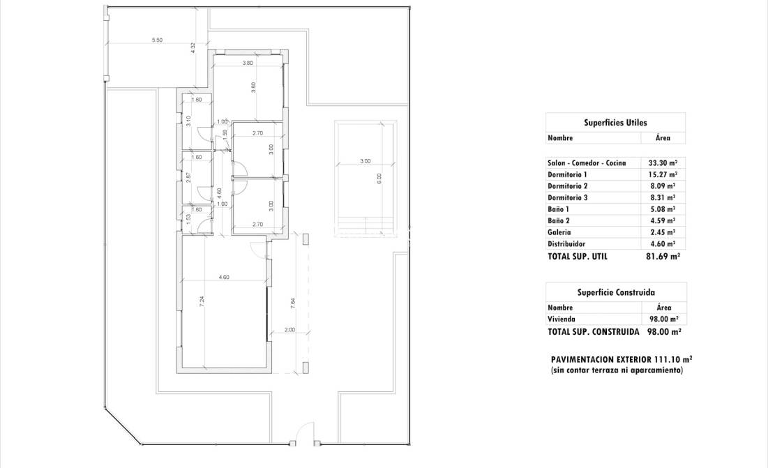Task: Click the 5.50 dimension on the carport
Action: pyautogui.click(x=157, y=40)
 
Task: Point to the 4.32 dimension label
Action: pyautogui.click(x=193, y=48)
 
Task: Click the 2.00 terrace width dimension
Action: pyautogui.click(x=289, y=331)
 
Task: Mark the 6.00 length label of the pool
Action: pyautogui.click(x=379, y=178)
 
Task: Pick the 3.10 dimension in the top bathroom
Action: pyautogui.click(x=188, y=120)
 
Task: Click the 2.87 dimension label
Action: pyautogui.click(x=188, y=176)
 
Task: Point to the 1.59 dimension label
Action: pyautogui.click(x=225, y=134)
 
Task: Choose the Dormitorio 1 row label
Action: pyautogui.click(x=568, y=174)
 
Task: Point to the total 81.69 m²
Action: pyautogui.click(x=662, y=256)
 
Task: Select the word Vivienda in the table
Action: pyautogui.click(x=562, y=319)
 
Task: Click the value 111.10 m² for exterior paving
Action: pyautogui.click(x=670, y=360)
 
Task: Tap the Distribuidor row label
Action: pyautogui.click(x=566, y=244)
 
